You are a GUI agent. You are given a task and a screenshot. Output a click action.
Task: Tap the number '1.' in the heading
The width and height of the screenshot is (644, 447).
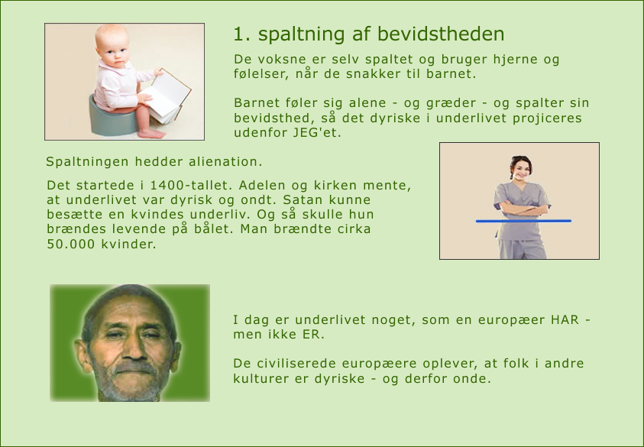pos(242,34)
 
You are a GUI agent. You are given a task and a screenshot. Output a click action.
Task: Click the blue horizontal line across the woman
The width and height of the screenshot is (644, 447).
pos(523,221)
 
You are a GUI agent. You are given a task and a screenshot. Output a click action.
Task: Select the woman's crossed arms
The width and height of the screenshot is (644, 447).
pos(523,209)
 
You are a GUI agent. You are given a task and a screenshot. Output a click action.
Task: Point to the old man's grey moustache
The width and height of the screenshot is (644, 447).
pos(134,367)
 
